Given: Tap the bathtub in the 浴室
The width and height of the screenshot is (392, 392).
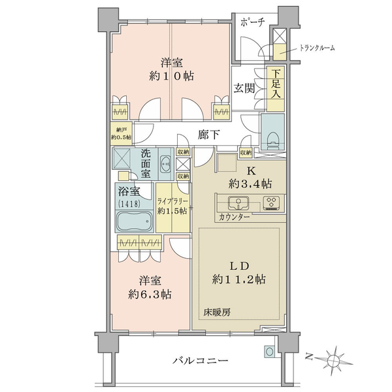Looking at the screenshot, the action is (135, 221).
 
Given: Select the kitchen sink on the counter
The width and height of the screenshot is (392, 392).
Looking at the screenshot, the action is (238, 203).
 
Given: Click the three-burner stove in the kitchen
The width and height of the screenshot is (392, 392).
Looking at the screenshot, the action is (271, 203).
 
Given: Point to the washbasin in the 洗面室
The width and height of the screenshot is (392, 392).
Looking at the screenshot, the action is (165, 164).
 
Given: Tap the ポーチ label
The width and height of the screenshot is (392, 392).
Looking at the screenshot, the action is (252, 22).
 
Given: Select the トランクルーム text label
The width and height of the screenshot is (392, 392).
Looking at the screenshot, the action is (317, 48).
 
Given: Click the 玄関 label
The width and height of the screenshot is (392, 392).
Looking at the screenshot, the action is (244, 88).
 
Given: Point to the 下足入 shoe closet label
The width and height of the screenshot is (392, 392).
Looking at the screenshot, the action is (276, 84).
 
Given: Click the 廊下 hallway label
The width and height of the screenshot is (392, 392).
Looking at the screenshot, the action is (209, 135).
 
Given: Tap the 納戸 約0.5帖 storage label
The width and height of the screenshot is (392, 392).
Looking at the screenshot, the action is (122, 133).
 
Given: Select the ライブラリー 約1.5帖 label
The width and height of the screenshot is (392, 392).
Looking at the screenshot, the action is (172, 206).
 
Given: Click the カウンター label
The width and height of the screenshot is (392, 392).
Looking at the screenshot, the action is (234, 217).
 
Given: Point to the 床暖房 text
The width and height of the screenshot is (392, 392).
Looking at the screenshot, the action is (217, 312).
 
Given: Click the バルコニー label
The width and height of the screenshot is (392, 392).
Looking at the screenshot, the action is (201, 360).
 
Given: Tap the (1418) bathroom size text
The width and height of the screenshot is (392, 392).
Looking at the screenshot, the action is (129, 204).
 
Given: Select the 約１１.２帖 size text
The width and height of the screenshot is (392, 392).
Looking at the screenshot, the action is (238, 279).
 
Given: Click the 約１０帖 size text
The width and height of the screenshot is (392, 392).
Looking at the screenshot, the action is (171, 76).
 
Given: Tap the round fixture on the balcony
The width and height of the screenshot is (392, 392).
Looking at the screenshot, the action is (269, 351).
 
